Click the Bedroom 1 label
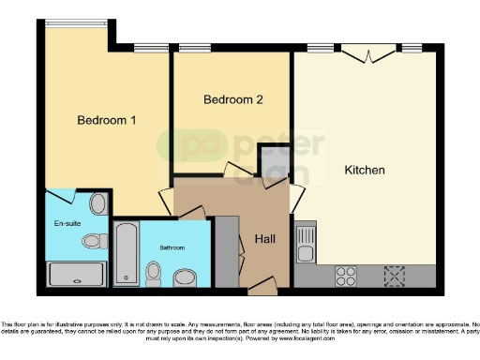click(107, 120)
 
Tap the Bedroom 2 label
click(229, 99)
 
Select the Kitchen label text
click(365, 171)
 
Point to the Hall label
click(264, 240)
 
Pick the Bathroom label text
click(171, 247)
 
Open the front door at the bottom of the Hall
click(263, 281)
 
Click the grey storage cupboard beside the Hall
click(227, 251)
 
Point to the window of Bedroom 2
click(194, 48)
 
